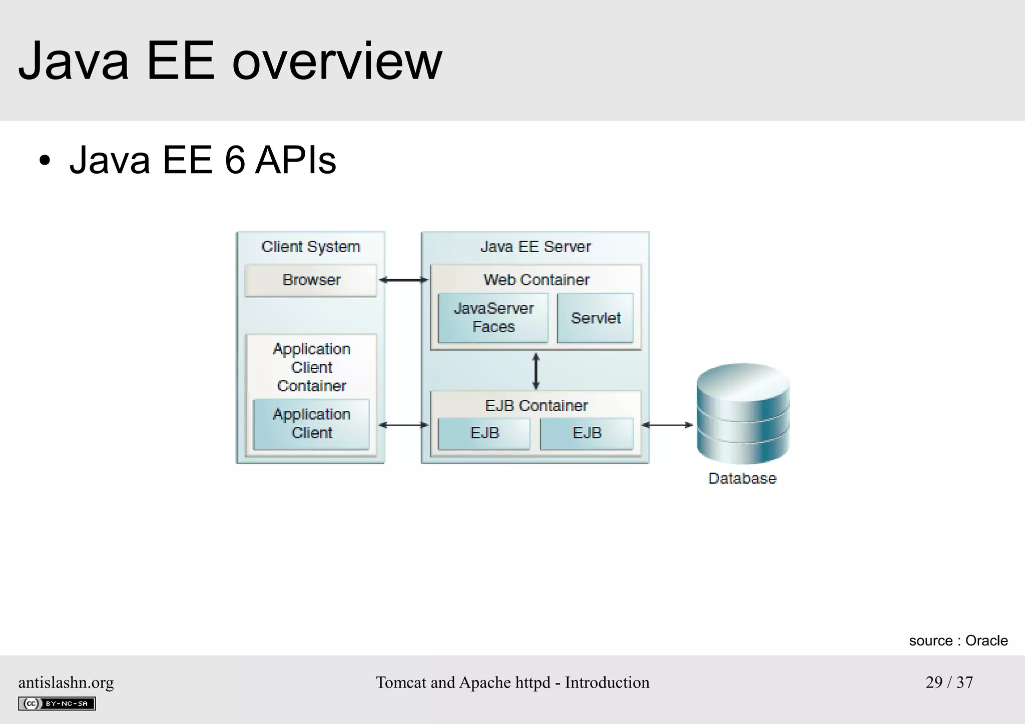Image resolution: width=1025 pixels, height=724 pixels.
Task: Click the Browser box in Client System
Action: coord(311,280)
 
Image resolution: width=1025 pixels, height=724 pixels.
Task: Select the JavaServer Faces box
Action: coord(493,318)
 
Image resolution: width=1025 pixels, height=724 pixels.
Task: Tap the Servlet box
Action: coord(595,318)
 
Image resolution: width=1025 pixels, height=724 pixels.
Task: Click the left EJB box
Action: coord(484,433)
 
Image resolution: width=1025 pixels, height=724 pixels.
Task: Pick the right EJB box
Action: coord(587,433)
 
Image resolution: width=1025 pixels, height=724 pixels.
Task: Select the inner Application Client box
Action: coord(311,424)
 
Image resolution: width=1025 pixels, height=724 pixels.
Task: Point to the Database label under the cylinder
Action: coord(742,478)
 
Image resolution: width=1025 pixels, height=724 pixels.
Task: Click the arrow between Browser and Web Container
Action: coord(403,280)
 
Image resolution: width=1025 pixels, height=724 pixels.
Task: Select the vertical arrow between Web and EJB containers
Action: coord(536,371)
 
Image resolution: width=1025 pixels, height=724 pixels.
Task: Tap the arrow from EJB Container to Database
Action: coord(668,425)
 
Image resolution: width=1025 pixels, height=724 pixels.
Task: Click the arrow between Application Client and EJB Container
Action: coord(403,425)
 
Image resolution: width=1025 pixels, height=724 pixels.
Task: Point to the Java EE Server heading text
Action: coord(536,247)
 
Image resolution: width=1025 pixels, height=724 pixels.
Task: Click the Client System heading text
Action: coord(311,247)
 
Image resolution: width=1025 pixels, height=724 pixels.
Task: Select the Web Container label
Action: coord(536,280)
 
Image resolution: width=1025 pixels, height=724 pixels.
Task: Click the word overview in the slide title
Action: coord(337,62)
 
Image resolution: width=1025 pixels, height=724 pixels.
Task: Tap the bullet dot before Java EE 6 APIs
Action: coord(45,161)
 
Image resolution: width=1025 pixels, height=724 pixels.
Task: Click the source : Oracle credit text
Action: coord(958,640)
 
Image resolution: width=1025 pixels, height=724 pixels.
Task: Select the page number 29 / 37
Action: coord(949,682)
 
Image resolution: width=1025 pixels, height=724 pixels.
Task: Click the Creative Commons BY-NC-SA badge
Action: coord(57,703)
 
